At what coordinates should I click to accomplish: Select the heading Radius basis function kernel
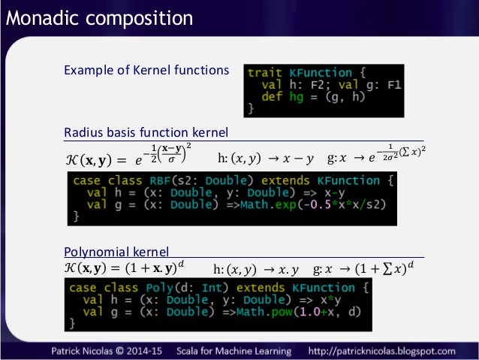pos(146,133)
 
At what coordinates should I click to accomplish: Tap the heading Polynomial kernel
pos(116,250)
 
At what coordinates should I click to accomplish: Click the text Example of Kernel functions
pos(146,71)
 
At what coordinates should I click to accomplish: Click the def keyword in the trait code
pos(272,97)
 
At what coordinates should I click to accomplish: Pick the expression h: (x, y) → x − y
pos(264,158)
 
